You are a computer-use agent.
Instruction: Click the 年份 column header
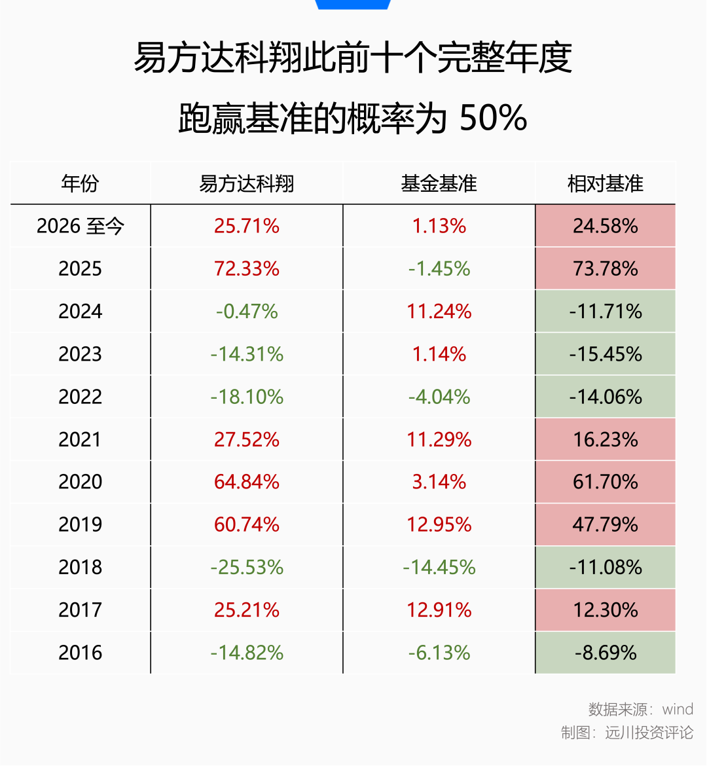point(80,184)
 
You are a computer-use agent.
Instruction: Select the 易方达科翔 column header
point(246,184)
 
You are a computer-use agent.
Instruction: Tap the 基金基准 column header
point(439,184)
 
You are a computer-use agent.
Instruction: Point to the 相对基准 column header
point(605,184)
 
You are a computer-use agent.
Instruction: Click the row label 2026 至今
point(80,226)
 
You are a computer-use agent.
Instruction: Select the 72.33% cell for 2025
point(246,268)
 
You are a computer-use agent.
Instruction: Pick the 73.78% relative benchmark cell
point(605,268)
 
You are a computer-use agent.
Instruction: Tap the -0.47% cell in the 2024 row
point(246,311)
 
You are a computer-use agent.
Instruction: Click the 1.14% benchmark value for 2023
point(439,354)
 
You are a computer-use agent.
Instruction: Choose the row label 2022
point(80,397)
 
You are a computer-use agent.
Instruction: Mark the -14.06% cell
point(605,397)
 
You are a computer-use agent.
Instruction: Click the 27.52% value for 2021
point(246,440)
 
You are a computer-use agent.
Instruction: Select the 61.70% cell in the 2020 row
point(605,482)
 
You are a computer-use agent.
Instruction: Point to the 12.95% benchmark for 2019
point(439,524)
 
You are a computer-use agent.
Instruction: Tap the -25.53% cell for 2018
point(246,567)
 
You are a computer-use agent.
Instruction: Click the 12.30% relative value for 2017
point(605,610)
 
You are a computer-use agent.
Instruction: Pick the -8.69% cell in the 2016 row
point(605,653)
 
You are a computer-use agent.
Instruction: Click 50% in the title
point(493,118)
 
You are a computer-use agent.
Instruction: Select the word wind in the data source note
point(677,709)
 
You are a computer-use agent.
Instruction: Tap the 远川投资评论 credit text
point(649,733)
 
